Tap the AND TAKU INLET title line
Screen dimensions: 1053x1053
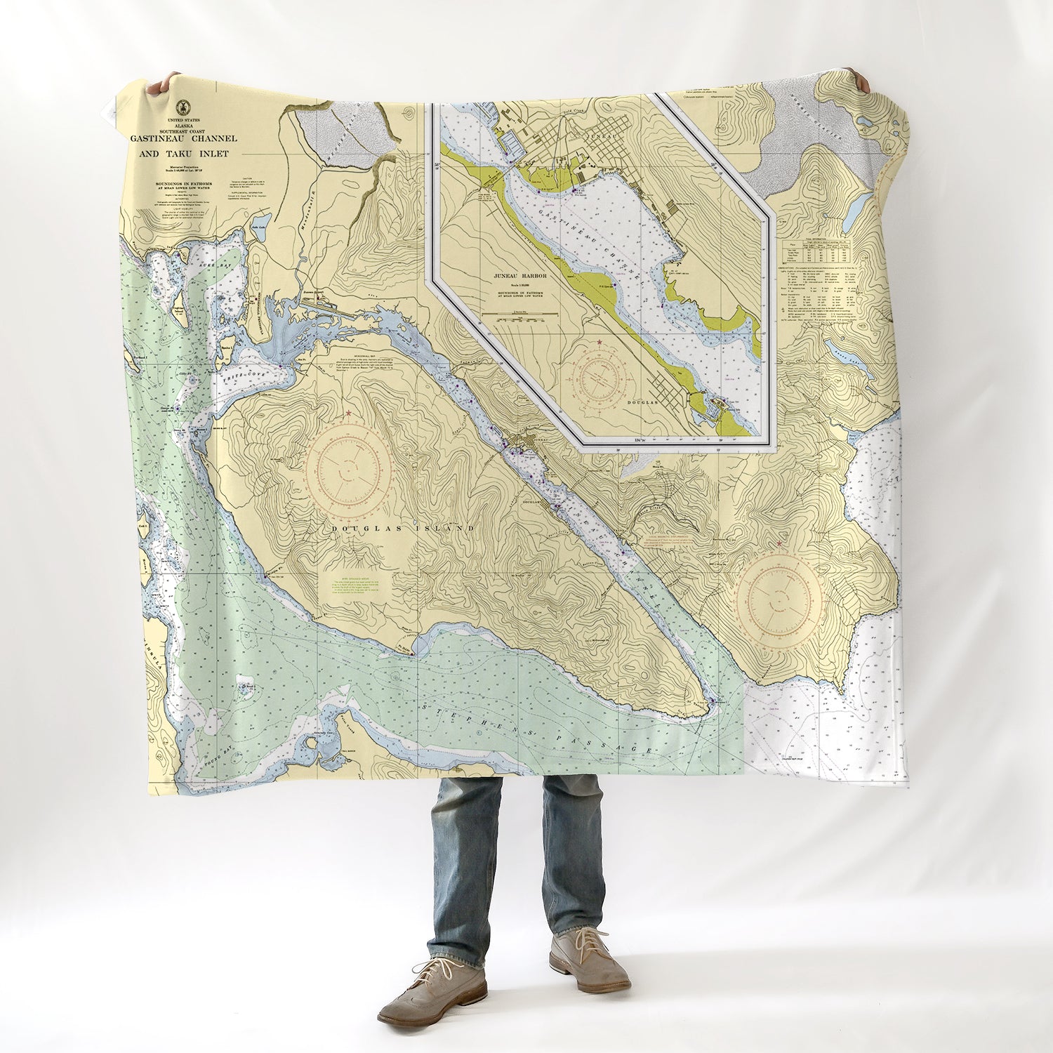point(183,154)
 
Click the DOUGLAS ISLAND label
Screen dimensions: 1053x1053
point(395,528)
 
